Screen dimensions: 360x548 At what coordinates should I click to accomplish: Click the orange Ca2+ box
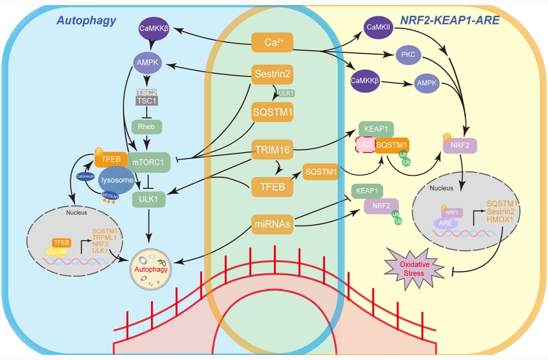click(x=272, y=42)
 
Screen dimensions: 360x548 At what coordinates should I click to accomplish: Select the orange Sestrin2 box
click(x=272, y=75)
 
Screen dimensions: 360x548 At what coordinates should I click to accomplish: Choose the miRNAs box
click(x=272, y=224)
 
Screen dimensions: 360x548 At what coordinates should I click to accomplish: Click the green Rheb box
click(x=146, y=127)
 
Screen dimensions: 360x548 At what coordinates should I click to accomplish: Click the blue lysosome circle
click(x=117, y=180)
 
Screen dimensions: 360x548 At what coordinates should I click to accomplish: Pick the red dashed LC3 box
click(x=364, y=145)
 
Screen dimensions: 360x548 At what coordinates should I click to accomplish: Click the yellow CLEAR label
click(x=57, y=251)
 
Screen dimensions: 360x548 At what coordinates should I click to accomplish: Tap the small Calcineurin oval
click(x=85, y=176)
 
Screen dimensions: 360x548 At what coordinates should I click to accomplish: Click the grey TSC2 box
click(x=147, y=92)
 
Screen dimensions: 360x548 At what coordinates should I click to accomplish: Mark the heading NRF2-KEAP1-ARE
click(x=450, y=20)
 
